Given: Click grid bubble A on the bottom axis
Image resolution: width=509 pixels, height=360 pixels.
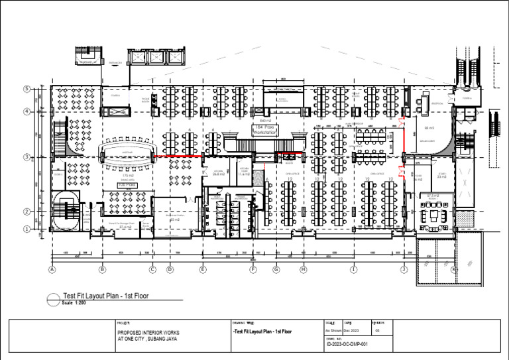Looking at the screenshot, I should [51, 270].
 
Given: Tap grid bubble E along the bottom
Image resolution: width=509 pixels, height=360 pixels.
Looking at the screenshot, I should [203, 270].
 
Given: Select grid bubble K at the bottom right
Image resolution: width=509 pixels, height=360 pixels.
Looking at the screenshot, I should [454, 270].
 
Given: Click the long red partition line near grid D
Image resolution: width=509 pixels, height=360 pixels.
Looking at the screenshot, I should [177, 158].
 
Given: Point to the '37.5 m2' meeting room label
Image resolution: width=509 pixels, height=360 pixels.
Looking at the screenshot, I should [434, 196].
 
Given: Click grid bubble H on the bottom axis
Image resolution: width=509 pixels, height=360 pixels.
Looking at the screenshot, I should [304, 270].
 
